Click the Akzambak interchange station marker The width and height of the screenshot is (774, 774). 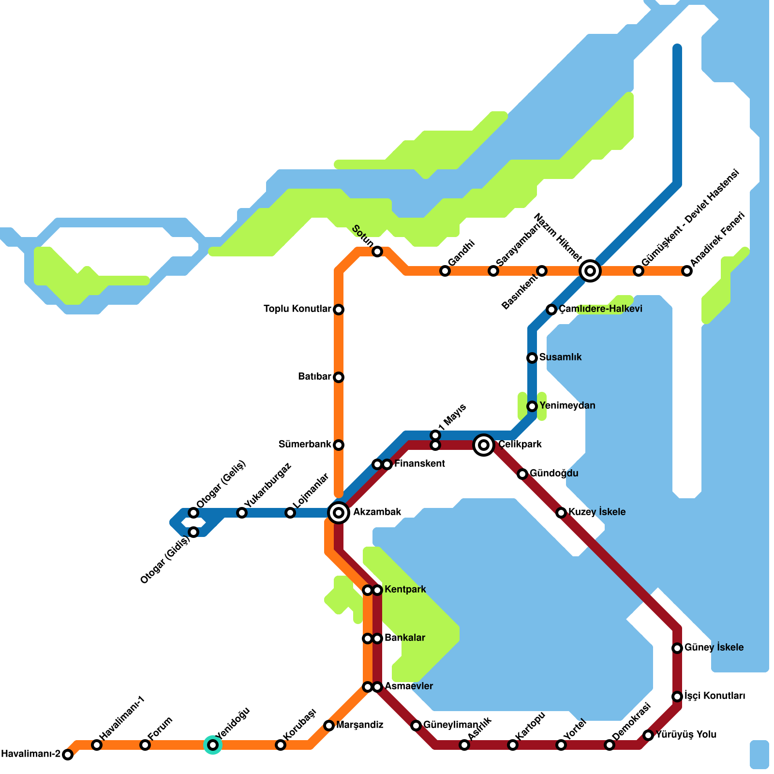[x=339, y=512]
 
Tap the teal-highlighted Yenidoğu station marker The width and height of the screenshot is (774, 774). [x=213, y=744]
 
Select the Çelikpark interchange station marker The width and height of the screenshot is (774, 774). [x=484, y=445]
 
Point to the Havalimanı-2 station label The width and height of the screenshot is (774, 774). [x=30, y=754]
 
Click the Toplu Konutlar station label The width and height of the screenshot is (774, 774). [x=297, y=309]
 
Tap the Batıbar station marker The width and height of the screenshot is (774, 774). [x=339, y=377]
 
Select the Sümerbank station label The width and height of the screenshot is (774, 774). [x=305, y=444]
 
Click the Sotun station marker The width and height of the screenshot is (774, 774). [x=377, y=251]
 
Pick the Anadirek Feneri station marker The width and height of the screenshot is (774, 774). [x=687, y=270]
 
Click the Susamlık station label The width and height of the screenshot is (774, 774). [x=560, y=357]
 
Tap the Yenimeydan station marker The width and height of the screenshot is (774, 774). [x=532, y=406]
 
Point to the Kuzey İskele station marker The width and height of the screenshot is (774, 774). [x=561, y=512]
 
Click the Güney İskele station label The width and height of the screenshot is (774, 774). [x=714, y=647]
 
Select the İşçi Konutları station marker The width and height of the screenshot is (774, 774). [x=677, y=696]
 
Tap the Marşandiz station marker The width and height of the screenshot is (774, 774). [x=329, y=725]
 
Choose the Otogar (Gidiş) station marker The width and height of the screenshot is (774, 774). [x=193, y=532]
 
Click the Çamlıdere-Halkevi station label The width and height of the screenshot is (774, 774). [x=600, y=309]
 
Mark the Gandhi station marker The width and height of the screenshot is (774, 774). [x=445, y=270]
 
